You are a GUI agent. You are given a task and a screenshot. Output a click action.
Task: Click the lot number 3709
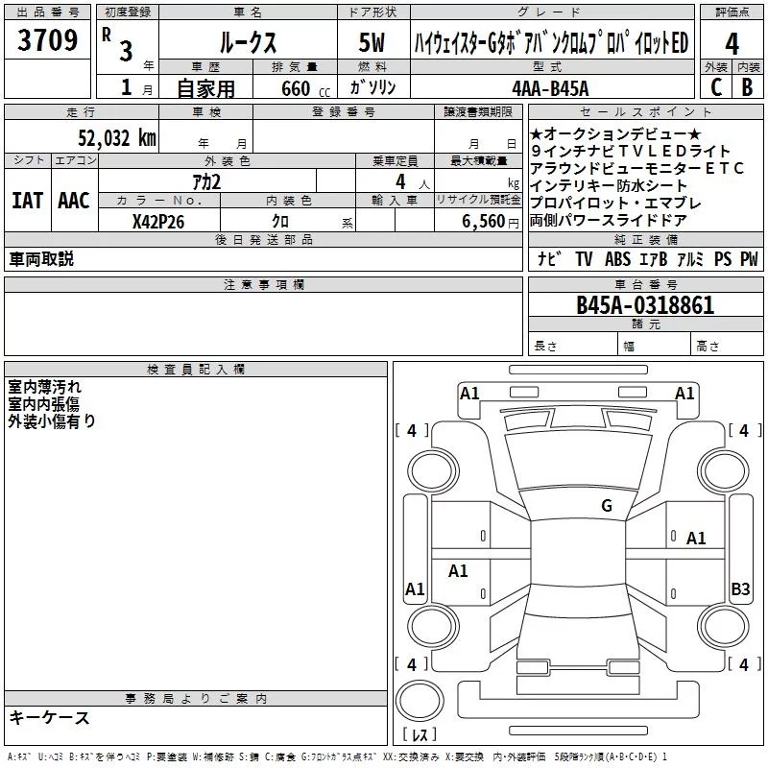point(47,39)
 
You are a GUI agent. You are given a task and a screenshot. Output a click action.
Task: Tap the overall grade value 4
point(732,44)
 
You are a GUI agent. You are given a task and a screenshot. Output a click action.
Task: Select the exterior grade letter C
point(716,87)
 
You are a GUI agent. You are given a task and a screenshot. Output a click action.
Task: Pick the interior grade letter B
point(747,87)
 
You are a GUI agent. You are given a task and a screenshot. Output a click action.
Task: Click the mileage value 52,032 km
point(117,137)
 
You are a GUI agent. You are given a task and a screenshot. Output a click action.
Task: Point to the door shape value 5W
point(372,42)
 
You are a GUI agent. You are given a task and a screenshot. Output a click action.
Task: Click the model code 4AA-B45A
point(550,88)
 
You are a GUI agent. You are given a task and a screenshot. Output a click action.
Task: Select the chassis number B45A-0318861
point(645,305)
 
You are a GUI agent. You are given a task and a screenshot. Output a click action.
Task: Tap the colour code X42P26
point(158,222)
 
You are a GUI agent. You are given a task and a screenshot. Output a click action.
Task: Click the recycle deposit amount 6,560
point(484,222)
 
